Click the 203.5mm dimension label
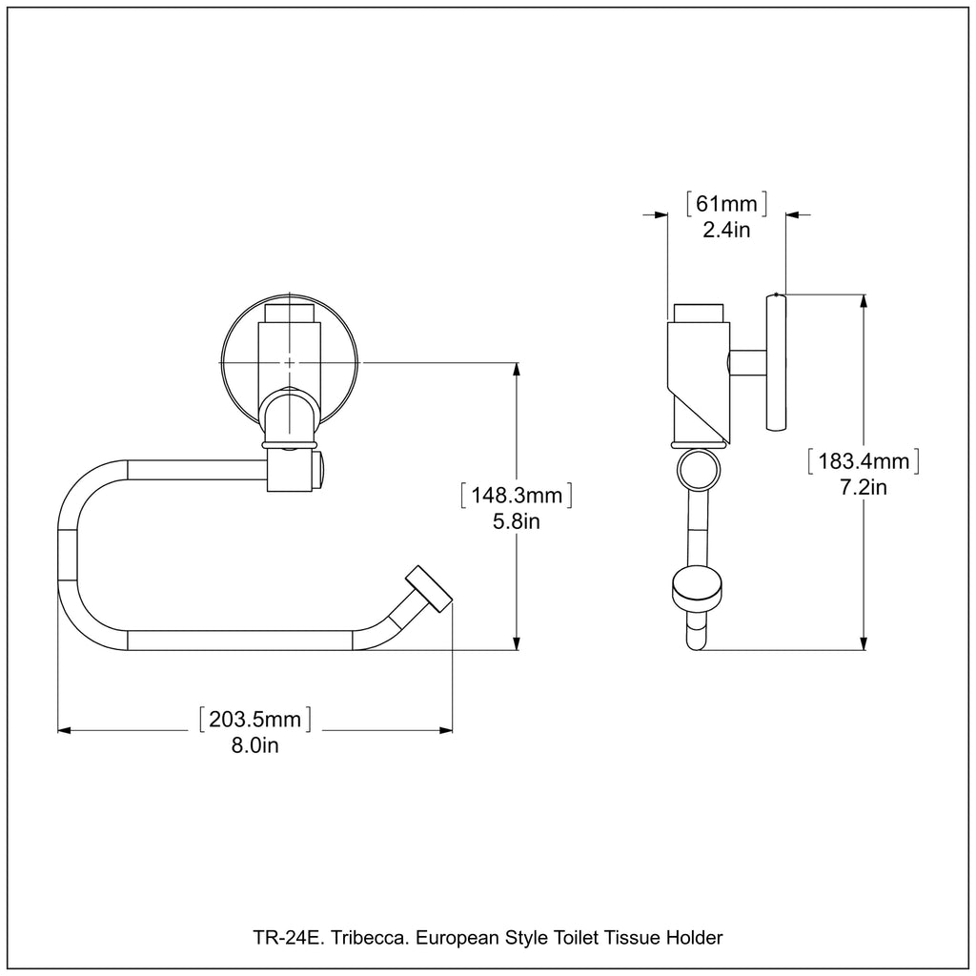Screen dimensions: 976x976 (x=254, y=720)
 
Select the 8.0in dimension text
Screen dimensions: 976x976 (x=254, y=745)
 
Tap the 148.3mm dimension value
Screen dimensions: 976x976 (x=516, y=497)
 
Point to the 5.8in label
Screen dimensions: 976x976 (x=516, y=522)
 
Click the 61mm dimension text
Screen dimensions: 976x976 (x=726, y=203)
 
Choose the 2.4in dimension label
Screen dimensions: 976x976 (x=726, y=229)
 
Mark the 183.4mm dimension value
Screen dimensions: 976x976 (x=863, y=462)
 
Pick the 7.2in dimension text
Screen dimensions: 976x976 (x=863, y=488)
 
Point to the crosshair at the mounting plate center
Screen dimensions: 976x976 (x=290, y=362)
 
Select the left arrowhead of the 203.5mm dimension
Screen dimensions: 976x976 (x=65, y=731)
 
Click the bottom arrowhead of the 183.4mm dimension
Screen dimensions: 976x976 (x=864, y=643)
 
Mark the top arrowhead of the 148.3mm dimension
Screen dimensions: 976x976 (x=517, y=369)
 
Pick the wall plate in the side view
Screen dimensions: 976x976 (x=777, y=362)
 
